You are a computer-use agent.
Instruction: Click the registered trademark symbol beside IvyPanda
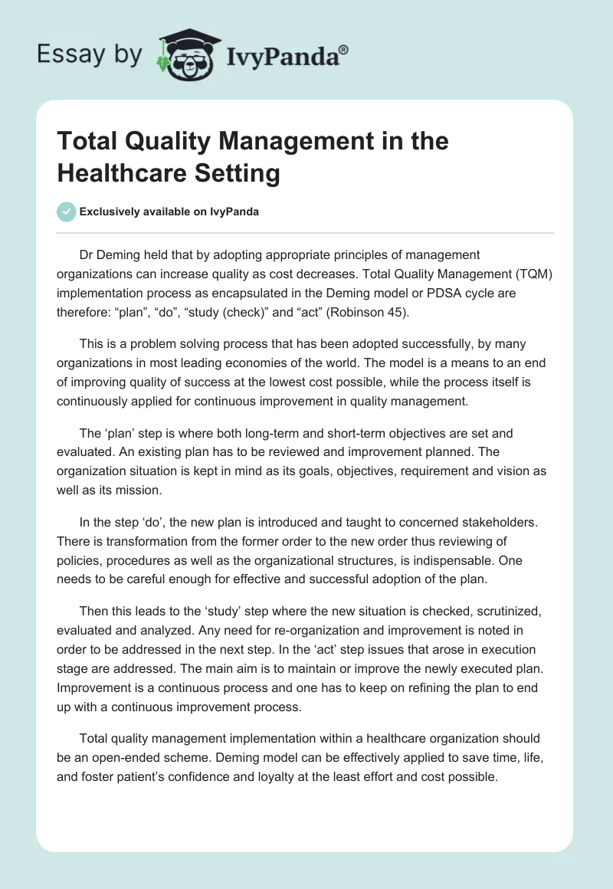344,50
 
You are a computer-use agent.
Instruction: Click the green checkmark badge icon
67,212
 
